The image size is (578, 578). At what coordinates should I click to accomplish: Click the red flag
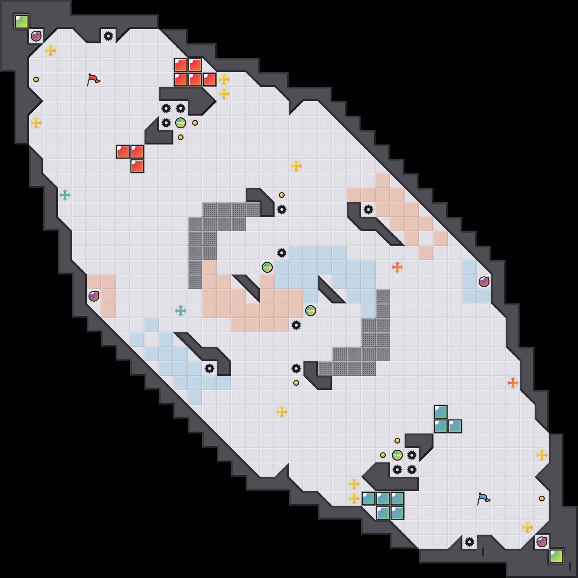93,79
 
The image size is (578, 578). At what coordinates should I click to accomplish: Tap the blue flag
483,499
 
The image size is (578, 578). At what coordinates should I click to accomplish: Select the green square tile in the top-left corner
22,22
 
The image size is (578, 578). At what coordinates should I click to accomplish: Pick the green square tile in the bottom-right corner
556,556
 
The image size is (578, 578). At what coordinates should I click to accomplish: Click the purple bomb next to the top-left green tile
36,36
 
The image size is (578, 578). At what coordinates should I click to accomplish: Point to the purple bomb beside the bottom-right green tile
542,542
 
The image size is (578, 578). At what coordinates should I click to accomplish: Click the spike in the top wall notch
108,36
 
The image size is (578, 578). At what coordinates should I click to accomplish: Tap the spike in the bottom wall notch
470,542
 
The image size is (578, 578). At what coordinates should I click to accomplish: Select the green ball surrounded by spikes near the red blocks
181,123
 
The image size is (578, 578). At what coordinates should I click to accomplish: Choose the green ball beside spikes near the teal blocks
397,455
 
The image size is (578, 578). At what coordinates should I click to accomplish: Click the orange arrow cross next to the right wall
513,383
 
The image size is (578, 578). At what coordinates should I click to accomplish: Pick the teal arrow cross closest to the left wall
65,195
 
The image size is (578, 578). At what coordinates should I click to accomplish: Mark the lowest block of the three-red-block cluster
137,166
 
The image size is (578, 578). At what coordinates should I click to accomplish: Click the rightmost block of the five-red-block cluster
210,79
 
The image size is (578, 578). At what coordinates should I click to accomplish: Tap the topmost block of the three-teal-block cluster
441,412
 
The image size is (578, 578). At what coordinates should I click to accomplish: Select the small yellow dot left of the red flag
36,79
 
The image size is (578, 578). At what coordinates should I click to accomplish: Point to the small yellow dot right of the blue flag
542,499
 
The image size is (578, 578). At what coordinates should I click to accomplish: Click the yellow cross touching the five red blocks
224,79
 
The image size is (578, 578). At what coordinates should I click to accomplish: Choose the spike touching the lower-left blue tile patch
210,368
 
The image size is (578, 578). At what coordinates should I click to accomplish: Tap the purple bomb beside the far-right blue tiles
484,282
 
